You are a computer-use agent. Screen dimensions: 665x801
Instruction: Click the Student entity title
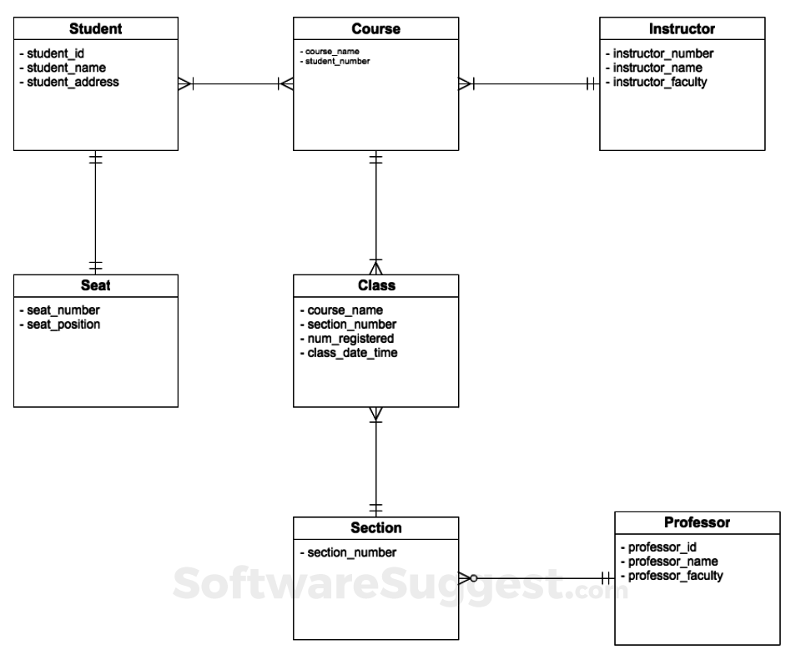click(x=96, y=29)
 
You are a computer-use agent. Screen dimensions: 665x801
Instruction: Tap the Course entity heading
click(x=375, y=29)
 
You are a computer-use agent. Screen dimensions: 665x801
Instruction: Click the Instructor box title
click(x=682, y=29)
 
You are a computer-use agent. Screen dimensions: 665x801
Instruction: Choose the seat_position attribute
click(x=62, y=324)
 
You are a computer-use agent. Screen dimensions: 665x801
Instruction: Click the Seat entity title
click(x=96, y=285)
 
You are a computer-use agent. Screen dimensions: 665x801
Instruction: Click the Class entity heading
click(x=375, y=285)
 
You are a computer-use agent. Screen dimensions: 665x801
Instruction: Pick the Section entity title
click(x=375, y=528)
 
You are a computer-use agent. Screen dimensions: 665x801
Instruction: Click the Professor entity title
click(x=698, y=523)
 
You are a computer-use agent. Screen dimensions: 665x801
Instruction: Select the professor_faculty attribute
click(x=675, y=576)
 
